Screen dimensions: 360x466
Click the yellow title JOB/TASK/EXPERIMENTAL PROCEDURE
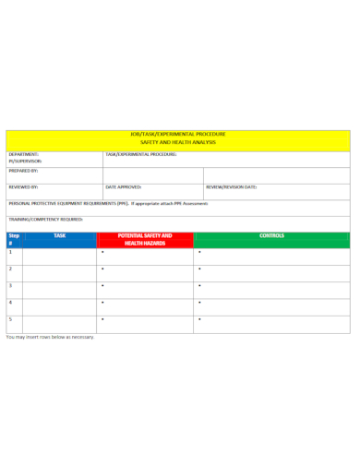point(177,134)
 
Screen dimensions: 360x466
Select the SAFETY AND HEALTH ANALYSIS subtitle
point(177,143)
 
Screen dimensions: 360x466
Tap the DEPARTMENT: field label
point(23,154)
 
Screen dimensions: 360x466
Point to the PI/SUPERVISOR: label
point(26,161)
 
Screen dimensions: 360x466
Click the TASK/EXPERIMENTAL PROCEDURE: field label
point(140,154)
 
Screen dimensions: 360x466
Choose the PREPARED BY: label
point(23,171)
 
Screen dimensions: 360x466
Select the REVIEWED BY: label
point(23,186)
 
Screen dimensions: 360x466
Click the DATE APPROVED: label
point(124,186)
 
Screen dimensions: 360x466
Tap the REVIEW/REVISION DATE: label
point(231,186)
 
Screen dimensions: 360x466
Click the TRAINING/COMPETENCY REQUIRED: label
point(46,220)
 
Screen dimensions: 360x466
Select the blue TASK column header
point(59,236)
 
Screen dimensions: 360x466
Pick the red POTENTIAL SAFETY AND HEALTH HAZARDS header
point(145,239)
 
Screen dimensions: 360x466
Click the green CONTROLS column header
point(271,236)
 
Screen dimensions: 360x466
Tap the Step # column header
point(13,240)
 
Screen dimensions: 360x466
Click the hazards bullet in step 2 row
point(102,269)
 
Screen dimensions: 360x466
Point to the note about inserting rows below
point(50,338)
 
